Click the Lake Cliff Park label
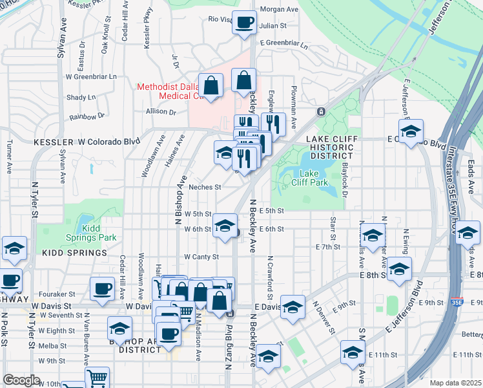tap(314, 178)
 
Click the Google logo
tap(21, 380)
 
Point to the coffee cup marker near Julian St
tap(244, 24)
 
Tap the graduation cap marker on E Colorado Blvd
tap(411, 132)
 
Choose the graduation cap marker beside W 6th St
tap(225, 227)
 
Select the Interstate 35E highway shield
tap(457, 301)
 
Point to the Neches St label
tap(205, 188)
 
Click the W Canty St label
tap(201, 257)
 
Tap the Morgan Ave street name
tap(279, 10)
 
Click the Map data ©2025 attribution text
tap(455, 383)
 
